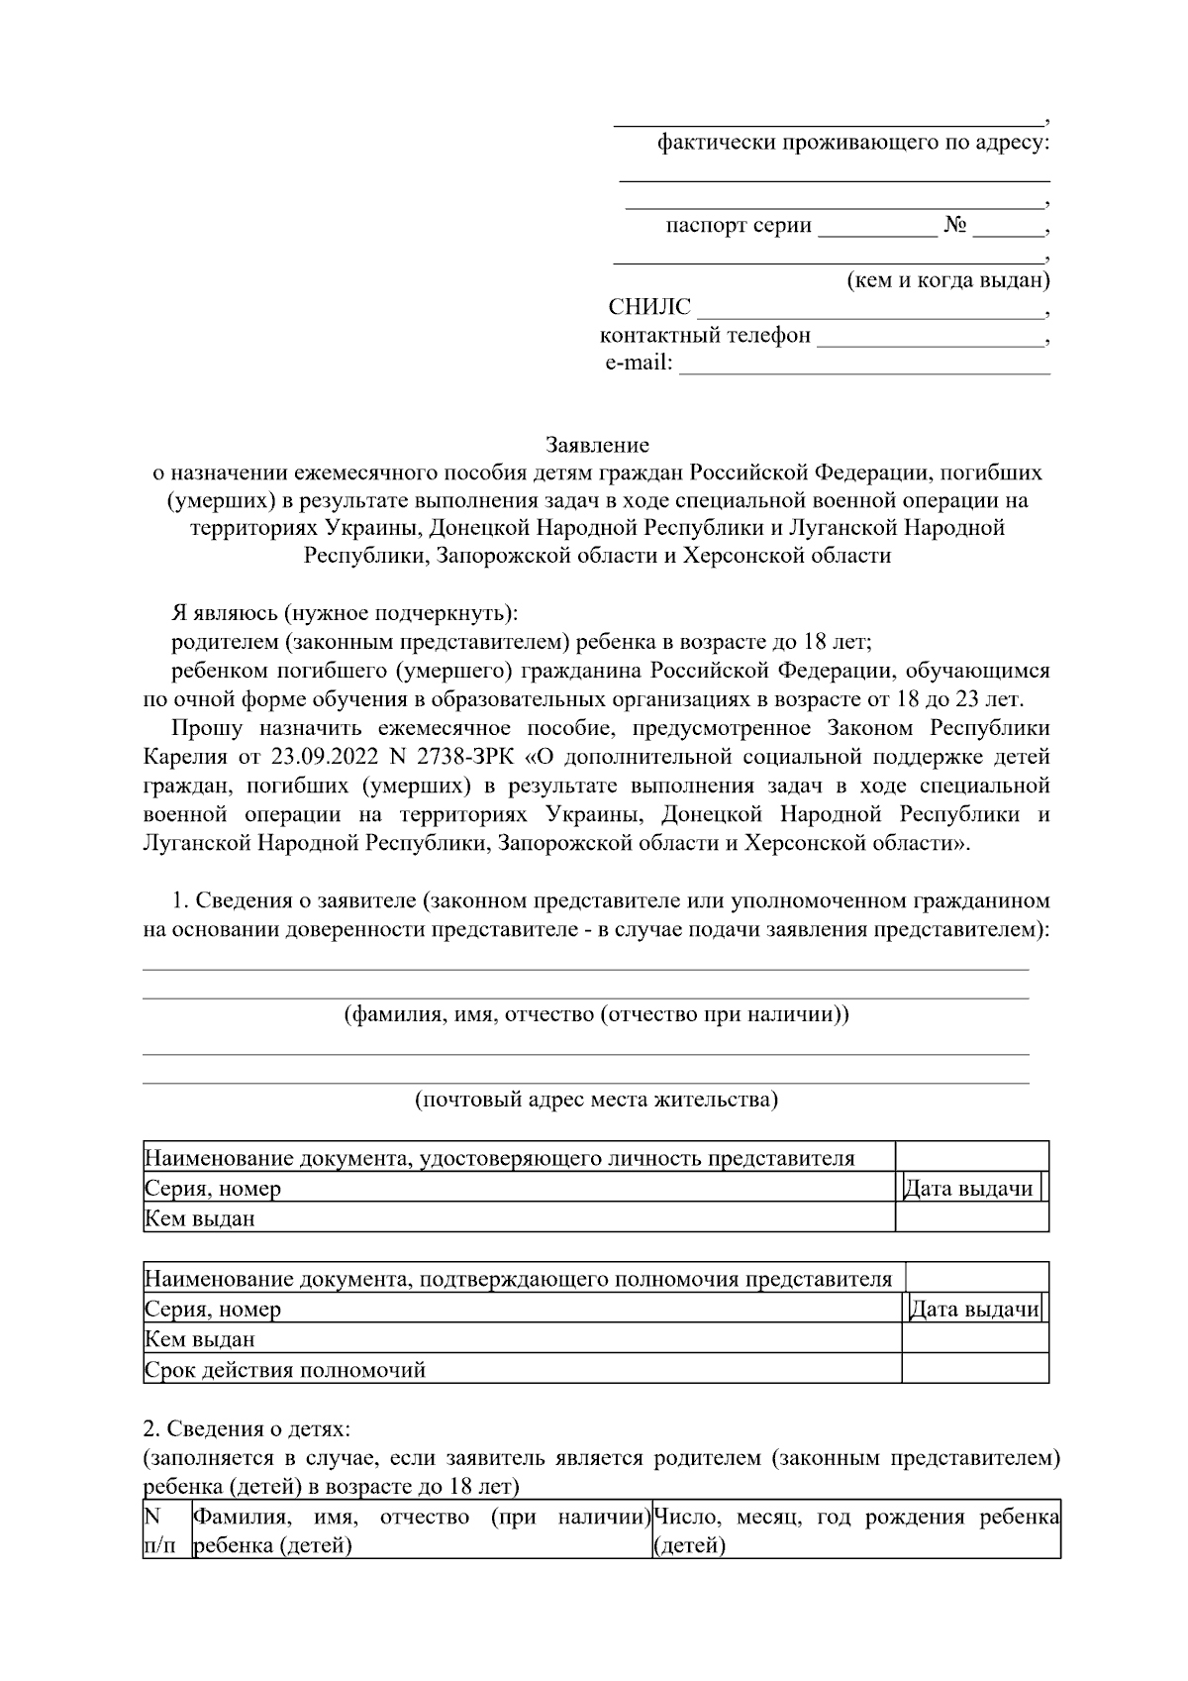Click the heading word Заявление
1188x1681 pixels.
[597, 445]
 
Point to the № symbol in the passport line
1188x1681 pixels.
[954, 226]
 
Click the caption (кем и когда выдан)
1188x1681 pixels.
[947, 280]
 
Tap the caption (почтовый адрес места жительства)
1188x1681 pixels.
[595, 1100]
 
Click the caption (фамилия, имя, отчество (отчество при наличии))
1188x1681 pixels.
[595, 1014]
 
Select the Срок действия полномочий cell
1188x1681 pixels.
[285, 1370]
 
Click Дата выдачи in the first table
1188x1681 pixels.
[968, 1189]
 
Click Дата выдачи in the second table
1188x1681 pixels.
[973, 1310]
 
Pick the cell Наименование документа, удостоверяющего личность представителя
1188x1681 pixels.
[499, 1158]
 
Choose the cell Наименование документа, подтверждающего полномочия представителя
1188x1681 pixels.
[518, 1279]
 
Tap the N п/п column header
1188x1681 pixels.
[158, 1530]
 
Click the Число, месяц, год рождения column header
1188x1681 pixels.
[855, 1530]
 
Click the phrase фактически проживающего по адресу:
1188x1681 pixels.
[852, 144]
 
